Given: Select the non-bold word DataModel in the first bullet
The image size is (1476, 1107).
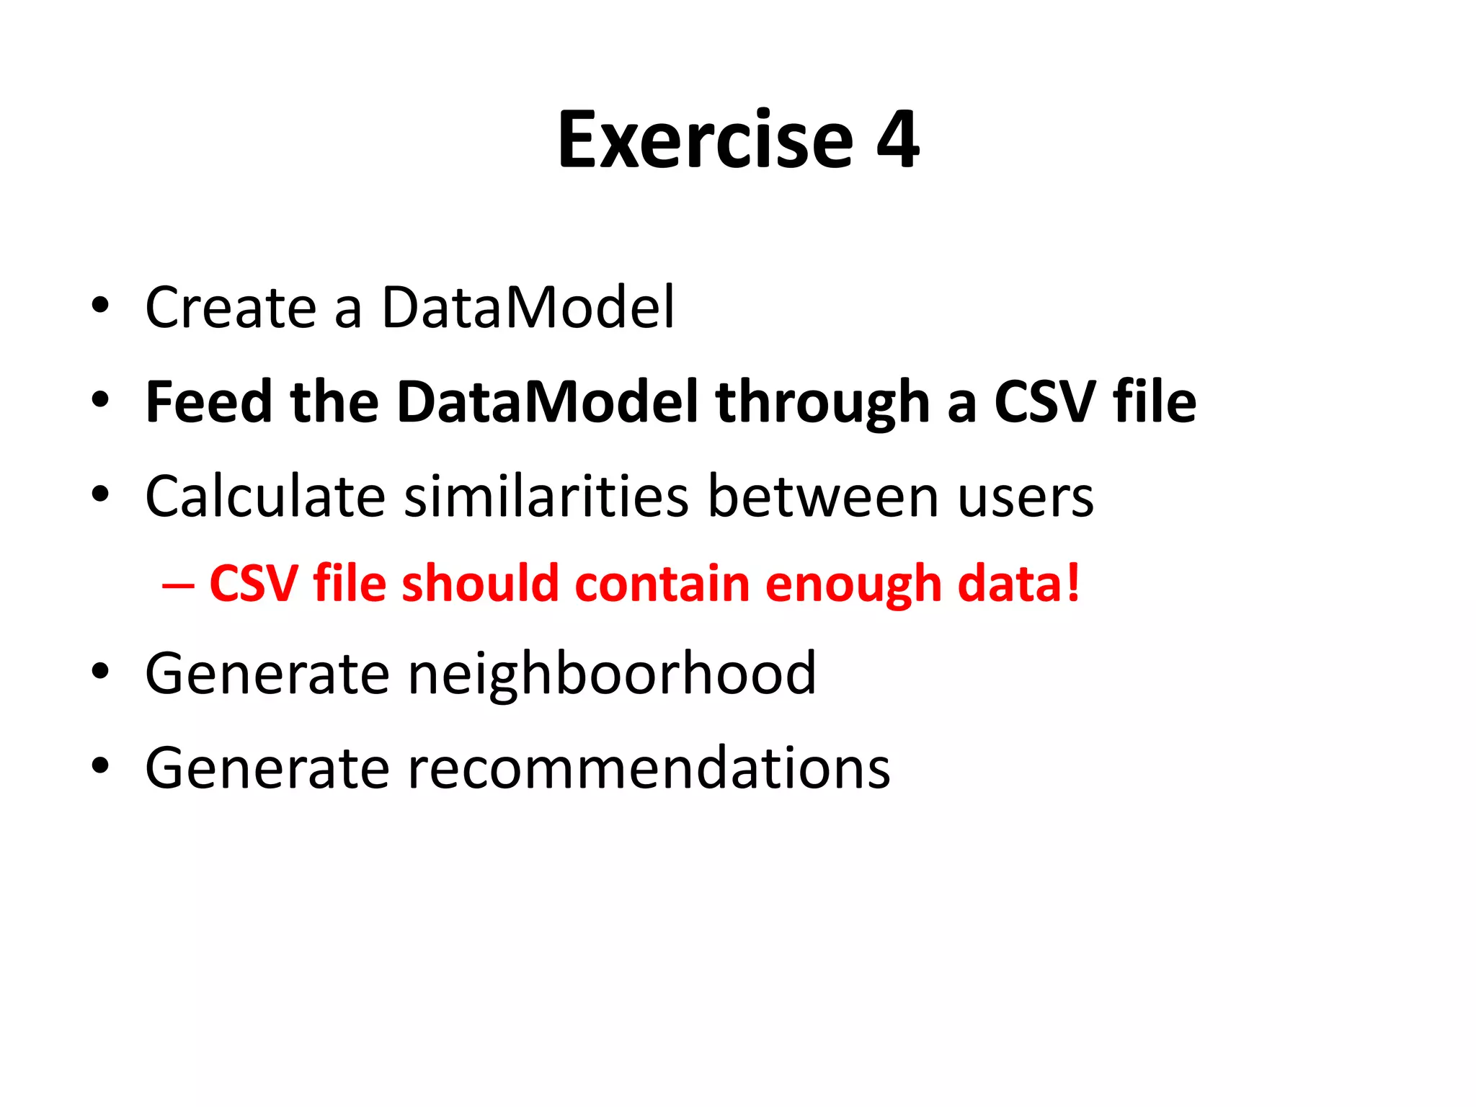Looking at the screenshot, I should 528,308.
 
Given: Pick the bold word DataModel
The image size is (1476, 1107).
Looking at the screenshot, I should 548,402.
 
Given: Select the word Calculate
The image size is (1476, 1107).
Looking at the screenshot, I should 266,497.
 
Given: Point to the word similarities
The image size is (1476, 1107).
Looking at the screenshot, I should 546,497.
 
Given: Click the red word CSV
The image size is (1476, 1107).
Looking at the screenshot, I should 253,584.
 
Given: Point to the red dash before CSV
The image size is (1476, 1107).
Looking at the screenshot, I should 178,584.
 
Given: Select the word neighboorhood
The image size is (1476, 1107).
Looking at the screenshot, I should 612,675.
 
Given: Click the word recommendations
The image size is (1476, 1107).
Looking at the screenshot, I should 649,768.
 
